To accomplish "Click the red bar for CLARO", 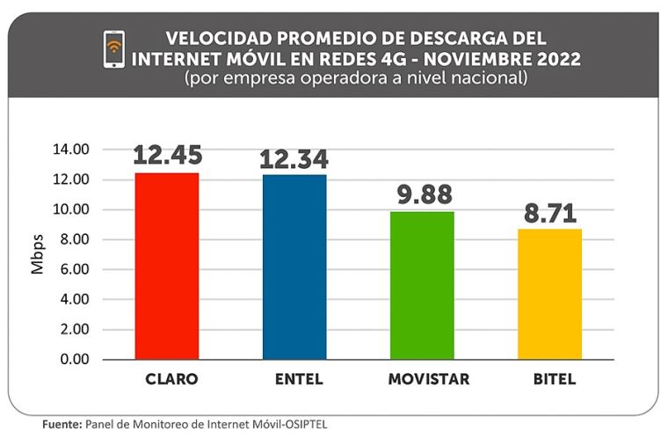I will pyautogui.click(x=167, y=266).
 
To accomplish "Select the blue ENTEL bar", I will pyautogui.click(x=294, y=267).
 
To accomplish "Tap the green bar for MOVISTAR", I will pyautogui.click(x=422, y=285).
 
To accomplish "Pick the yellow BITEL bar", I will pyautogui.click(x=549, y=294).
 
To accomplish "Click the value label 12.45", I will pyautogui.click(x=168, y=155).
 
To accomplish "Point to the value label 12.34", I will pyautogui.click(x=294, y=159).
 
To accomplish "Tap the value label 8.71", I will pyautogui.click(x=550, y=212).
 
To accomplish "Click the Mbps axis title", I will pyautogui.click(x=37, y=255).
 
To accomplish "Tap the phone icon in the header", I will pyautogui.click(x=113, y=50).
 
